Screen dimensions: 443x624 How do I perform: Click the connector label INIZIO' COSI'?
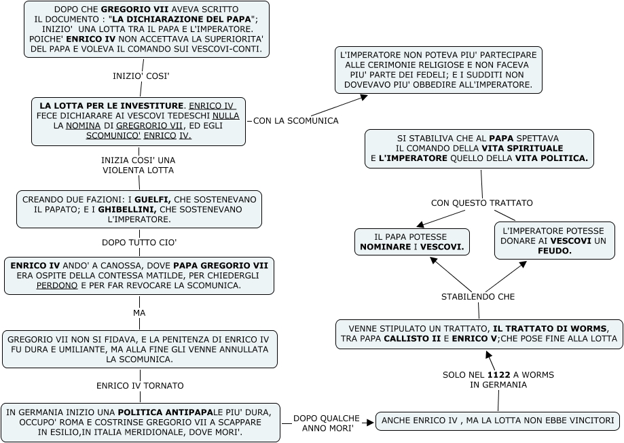[x=141, y=76]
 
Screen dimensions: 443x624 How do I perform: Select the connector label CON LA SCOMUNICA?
[x=295, y=121]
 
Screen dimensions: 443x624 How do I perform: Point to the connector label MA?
[x=139, y=313]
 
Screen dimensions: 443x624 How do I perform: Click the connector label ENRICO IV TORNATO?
[x=140, y=385]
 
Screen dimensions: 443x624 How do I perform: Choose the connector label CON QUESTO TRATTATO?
[x=481, y=202]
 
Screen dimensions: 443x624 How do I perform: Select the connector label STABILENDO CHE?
[x=478, y=296]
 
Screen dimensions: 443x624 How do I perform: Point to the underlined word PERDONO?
[x=57, y=286]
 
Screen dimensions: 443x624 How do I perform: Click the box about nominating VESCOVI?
[x=411, y=242]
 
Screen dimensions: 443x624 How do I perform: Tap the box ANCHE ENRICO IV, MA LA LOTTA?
[x=497, y=421]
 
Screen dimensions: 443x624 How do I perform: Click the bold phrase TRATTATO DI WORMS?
[x=547, y=327]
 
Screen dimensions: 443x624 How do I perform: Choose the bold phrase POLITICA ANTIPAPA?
[x=165, y=412]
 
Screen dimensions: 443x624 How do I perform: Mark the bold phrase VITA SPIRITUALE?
[x=523, y=148]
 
